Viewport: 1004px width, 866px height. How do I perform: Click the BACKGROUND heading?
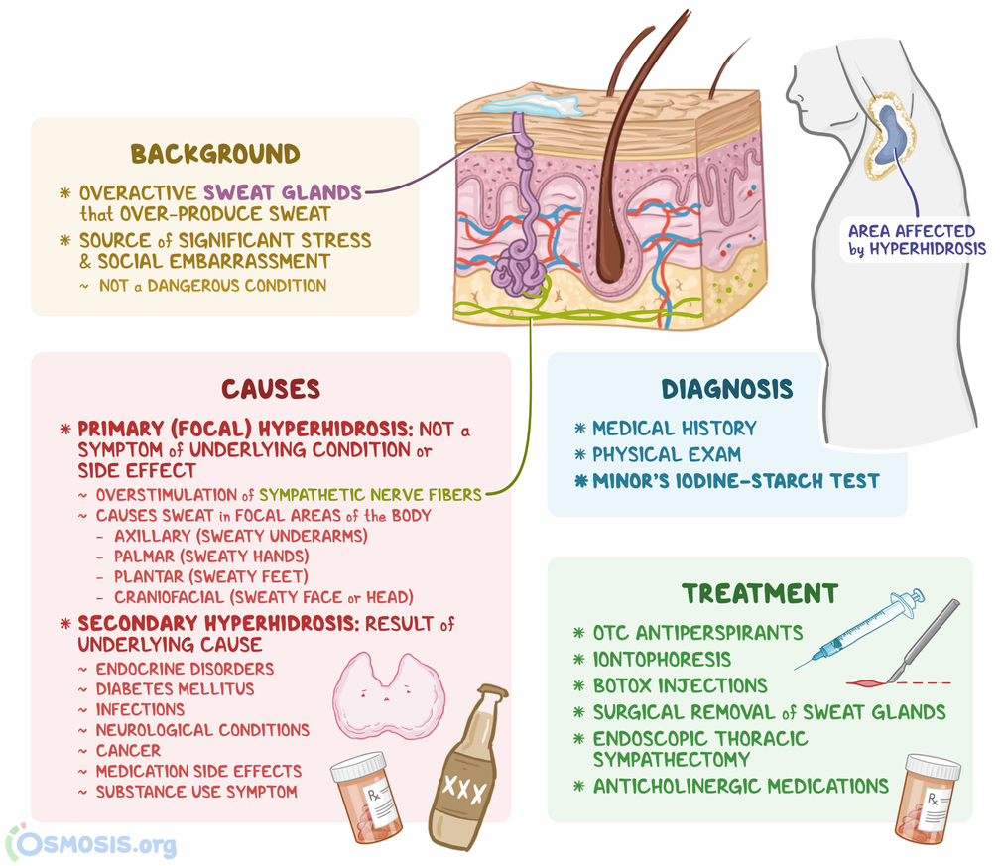tap(214, 154)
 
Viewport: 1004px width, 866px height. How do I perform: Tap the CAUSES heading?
tap(271, 388)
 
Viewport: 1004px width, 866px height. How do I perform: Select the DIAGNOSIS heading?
tap(727, 389)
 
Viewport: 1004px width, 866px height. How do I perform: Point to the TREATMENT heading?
tap(759, 593)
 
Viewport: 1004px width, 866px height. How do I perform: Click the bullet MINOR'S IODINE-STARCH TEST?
tap(735, 481)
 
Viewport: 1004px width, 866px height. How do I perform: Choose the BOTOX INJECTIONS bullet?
tap(680, 685)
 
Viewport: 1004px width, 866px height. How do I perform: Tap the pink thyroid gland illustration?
tap(388, 694)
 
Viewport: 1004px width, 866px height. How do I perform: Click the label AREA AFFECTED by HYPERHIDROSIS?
tap(917, 240)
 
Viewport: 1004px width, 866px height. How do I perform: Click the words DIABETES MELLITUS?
tap(175, 688)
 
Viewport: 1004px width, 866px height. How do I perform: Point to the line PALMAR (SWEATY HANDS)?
tap(210, 557)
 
